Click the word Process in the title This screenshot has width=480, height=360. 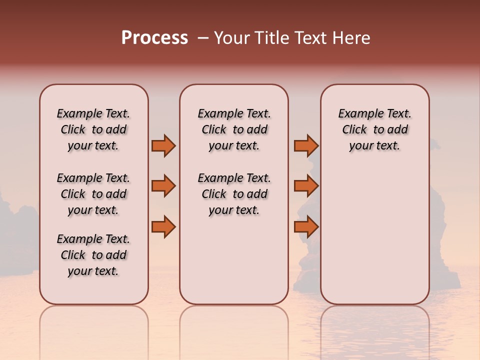(x=154, y=38)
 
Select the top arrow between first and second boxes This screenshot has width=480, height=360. (x=163, y=146)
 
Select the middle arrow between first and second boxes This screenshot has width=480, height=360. (x=163, y=186)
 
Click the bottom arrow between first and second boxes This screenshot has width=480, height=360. (x=163, y=227)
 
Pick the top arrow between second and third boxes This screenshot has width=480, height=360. (x=306, y=146)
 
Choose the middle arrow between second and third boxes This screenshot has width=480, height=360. (x=306, y=186)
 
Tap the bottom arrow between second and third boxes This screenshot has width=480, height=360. (x=306, y=227)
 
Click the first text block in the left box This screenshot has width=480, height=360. (x=93, y=129)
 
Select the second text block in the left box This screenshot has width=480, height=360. (x=93, y=194)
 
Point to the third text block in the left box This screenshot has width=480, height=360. (x=93, y=255)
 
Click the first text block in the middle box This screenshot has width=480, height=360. (x=234, y=129)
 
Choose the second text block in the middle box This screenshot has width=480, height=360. (x=234, y=194)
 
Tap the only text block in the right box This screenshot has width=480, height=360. (x=375, y=129)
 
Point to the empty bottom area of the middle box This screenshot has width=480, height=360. (x=234, y=265)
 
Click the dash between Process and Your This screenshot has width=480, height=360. (x=203, y=38)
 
